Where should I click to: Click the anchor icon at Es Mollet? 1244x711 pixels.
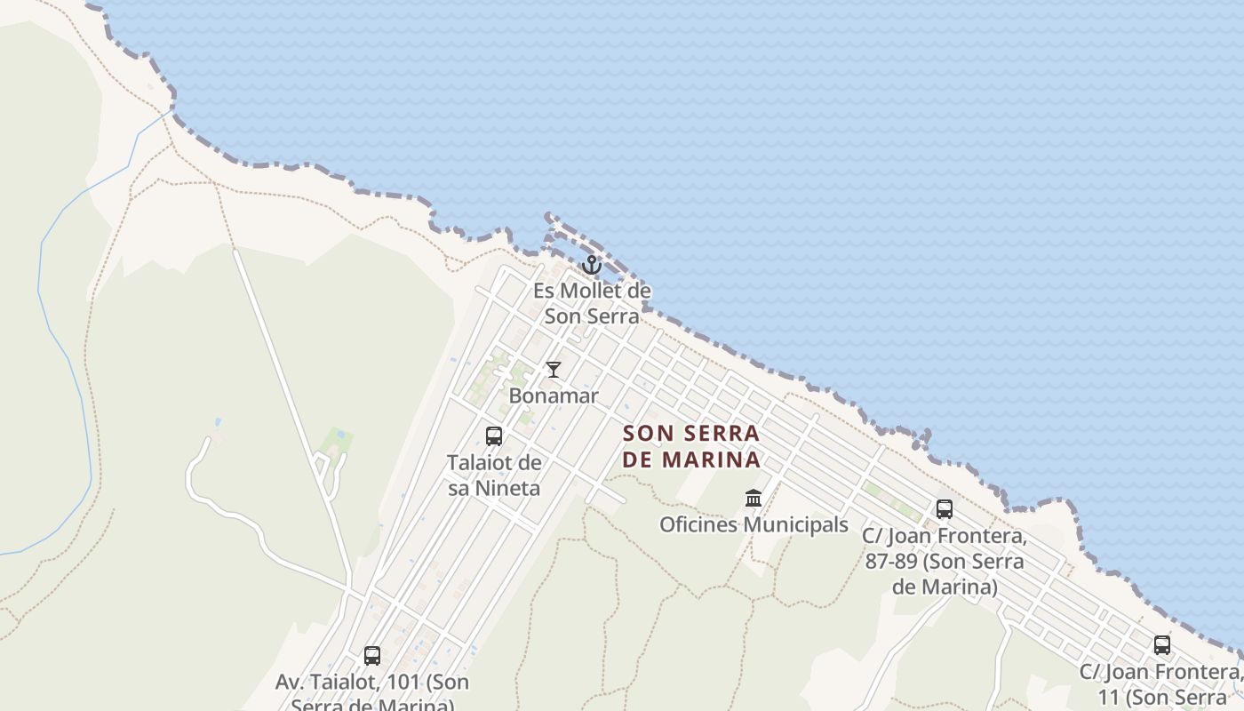click(592, 265)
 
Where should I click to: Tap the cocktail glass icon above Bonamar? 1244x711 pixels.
click(554, 369)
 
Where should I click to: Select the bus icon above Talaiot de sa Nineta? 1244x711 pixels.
click(494, 436)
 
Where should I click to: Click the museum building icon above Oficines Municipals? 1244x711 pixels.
click(754, 498)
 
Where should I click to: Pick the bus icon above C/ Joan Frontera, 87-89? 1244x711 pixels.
click(944, 509)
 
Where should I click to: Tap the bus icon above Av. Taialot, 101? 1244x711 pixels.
click(372, 656)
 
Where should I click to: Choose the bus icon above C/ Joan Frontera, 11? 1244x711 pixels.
click(1161, 645)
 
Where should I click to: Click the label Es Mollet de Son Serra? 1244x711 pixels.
click(592, 303)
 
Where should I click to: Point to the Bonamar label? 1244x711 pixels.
click(554, 396)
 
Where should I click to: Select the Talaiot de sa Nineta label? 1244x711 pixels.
click(494, 475)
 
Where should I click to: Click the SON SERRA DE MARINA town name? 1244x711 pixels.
click(691, 446)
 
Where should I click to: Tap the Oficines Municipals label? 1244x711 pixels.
click(754, 525)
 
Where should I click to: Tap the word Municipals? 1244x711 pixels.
click(796, 525)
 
